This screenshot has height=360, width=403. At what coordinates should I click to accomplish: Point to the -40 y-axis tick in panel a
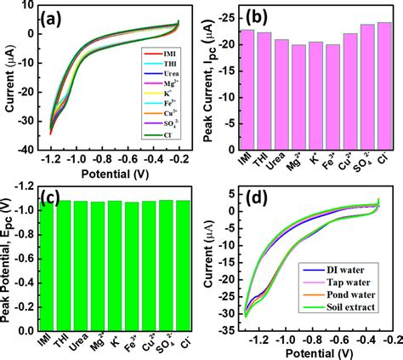pos(32,149)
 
